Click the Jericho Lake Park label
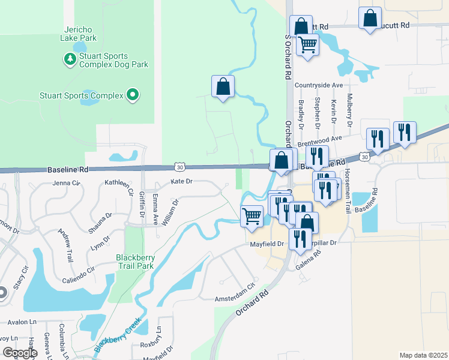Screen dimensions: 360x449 [x=79, y=34]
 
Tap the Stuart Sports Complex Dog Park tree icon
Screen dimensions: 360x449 [x=70, y=59]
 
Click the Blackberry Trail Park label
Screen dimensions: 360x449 [x=135, y=262]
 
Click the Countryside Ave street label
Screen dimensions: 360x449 [x=322, y=86]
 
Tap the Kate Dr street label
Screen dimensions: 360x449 [x=181, y=181]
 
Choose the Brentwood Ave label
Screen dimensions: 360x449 [x=319, y=142]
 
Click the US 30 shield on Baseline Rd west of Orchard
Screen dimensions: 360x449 [x=179, y=166]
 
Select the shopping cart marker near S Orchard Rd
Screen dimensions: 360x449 [x=308, y=43]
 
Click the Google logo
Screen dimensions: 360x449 [x=20, y=353]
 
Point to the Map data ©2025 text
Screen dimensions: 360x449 [x=423, y=355]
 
